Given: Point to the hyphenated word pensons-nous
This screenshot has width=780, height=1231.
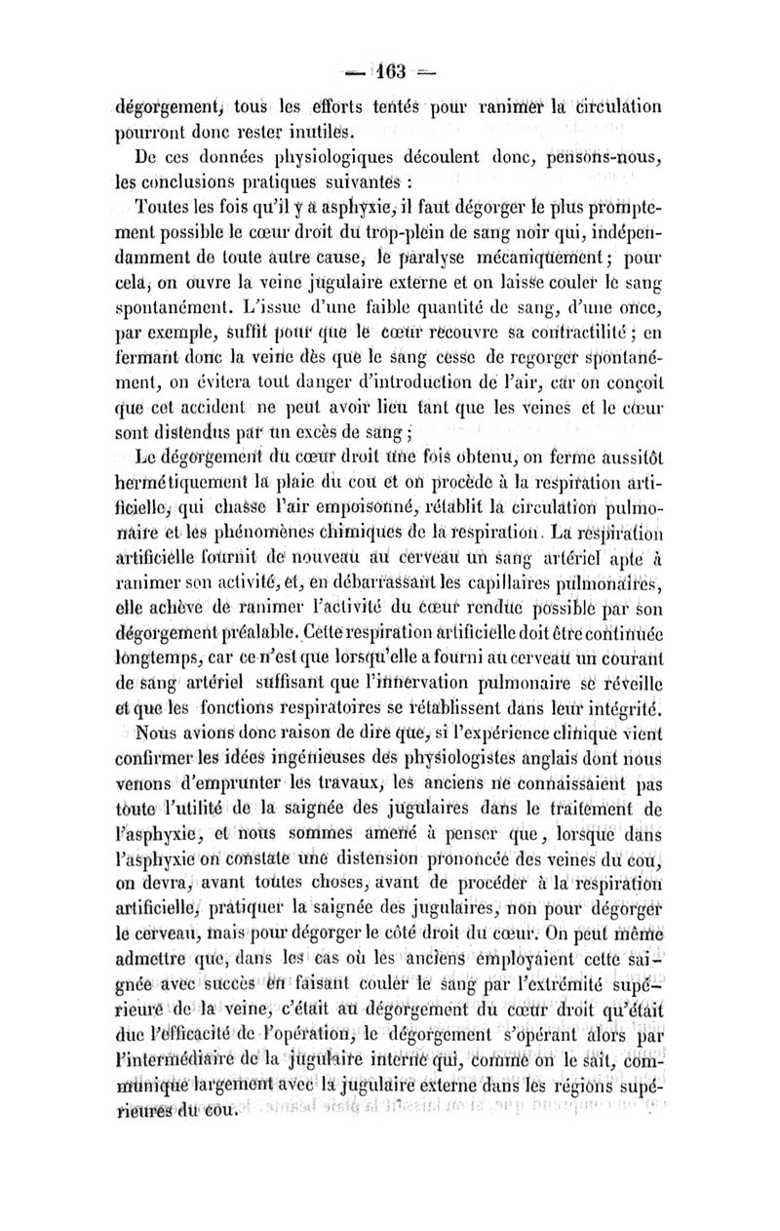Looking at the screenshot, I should pos(587,157).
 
